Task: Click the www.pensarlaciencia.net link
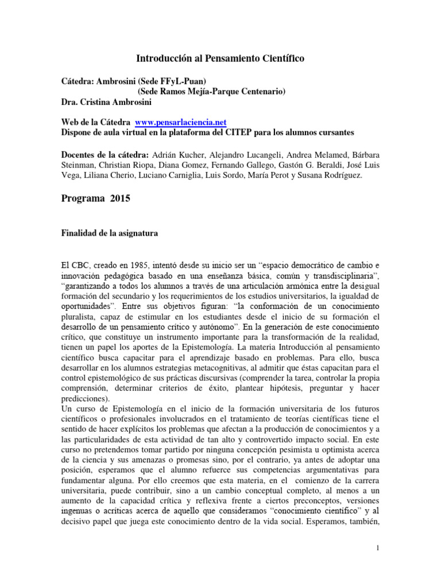point(181,123)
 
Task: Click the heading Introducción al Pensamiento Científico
point(220,58)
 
